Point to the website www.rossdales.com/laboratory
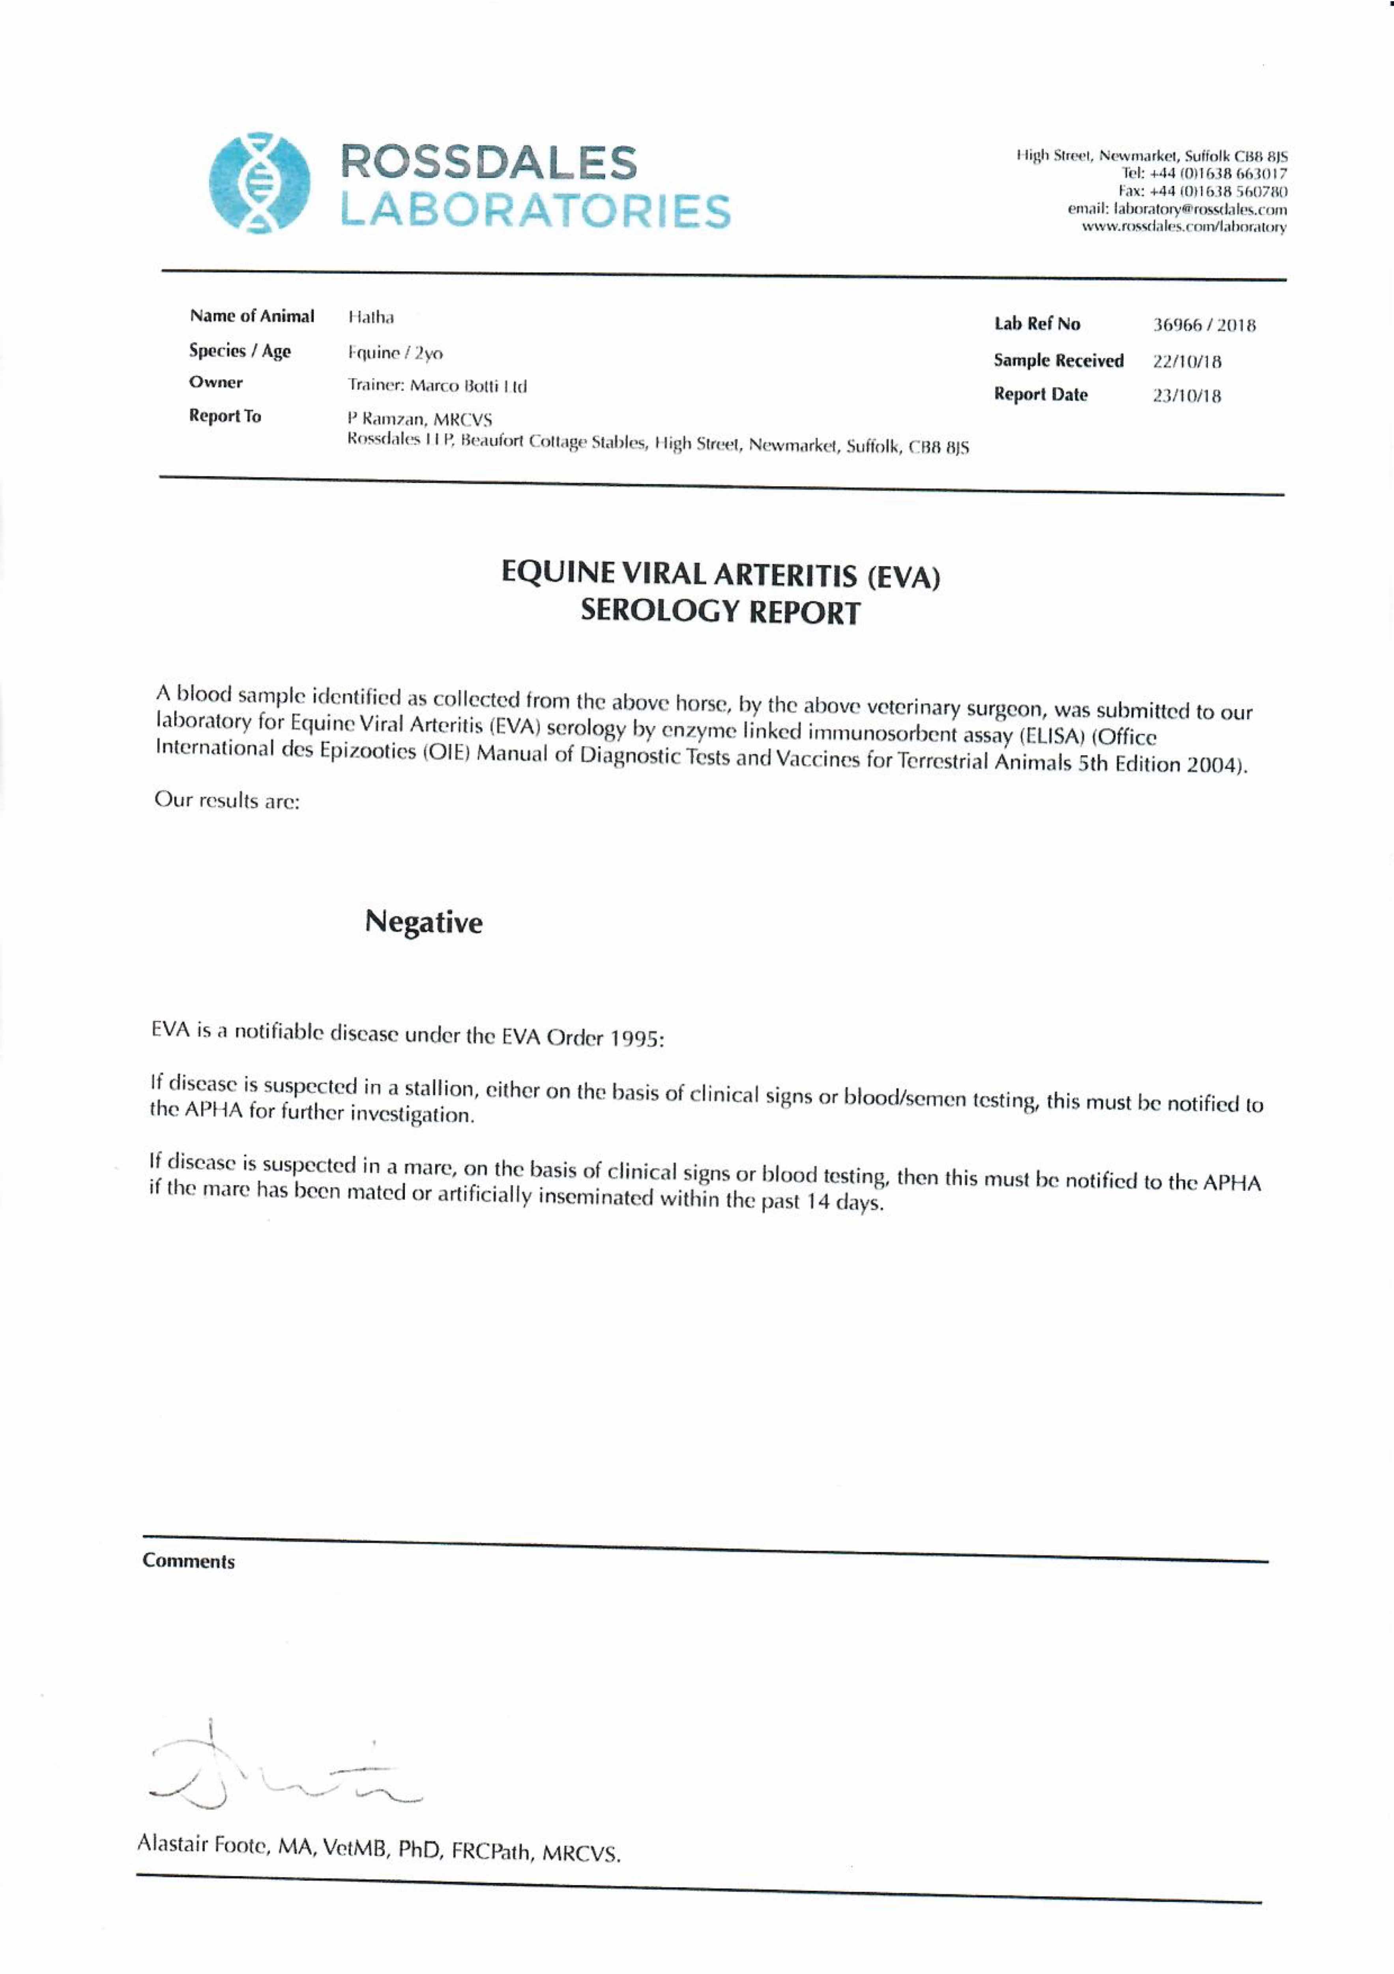coord(1183,227)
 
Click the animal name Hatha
coord(370,317)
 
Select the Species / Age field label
coord(240,351)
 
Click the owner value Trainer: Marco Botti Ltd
coord(438,385)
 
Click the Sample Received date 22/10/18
coord(1187,361)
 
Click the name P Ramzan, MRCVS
coord(419,420)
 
